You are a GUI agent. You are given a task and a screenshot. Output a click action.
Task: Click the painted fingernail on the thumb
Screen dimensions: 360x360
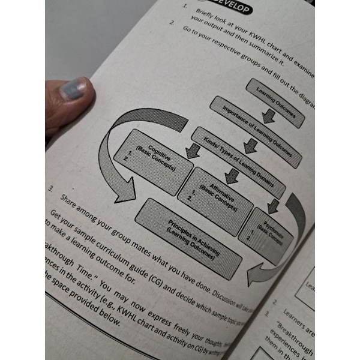pyautogui.click(x=73, y=91)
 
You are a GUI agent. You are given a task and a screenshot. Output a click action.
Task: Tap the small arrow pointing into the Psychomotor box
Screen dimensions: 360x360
pyautogui.click(x=273, y=205)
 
